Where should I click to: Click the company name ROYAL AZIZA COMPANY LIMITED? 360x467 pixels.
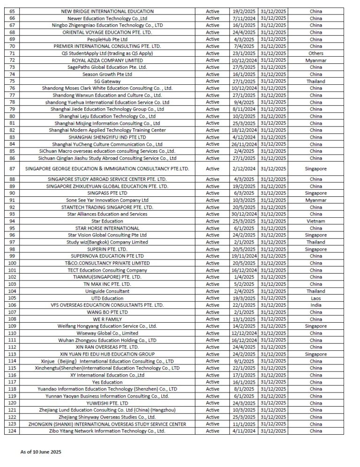(x=107, y=60)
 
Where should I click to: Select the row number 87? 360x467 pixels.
(x=12, y=169)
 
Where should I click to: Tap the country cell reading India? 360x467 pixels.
(x=315, y=305)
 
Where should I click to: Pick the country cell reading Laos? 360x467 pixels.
(x=315, y=298)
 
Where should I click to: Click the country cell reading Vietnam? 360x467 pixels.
(x=315, y=221)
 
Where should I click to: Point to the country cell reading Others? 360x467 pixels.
(x=315, y=53)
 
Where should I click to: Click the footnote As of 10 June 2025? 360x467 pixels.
(x=41, y=452)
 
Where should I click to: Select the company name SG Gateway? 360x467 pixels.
(x=107, y=82)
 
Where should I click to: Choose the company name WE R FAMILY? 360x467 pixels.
(x=107, y=319)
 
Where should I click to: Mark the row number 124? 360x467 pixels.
(x=12, y=431)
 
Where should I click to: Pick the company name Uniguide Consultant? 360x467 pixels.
(x=107, y=291)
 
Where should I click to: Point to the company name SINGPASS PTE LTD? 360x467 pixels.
(x=107, y=193)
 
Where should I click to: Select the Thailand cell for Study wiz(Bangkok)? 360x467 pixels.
(x=315, y=242)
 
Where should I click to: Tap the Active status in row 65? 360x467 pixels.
(x=212, y=11)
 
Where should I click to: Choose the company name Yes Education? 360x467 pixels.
(x=107, y=382)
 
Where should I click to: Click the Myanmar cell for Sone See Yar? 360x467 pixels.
(x=315, y=200)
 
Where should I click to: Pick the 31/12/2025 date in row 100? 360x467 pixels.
(x=274, y=263)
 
